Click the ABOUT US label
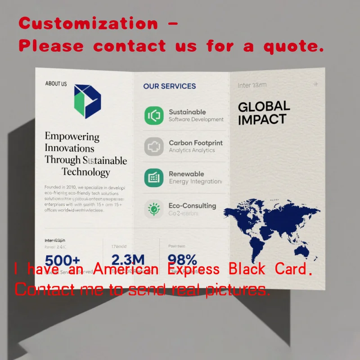click(56, 84)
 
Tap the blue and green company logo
click(87, 101)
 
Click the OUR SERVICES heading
click(169, 86)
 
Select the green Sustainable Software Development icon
click(154, 115)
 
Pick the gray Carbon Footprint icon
click(154, 147)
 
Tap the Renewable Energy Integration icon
click(154, 177)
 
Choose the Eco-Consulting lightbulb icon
click(154, 209)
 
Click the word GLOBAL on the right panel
click(264, 107)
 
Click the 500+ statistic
click(63, 261)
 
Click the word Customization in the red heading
click(88, 23)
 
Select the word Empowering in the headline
click(72, 136)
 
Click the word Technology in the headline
click(85, 172)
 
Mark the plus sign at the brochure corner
click(316, 84)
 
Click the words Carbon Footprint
click(195, 143)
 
